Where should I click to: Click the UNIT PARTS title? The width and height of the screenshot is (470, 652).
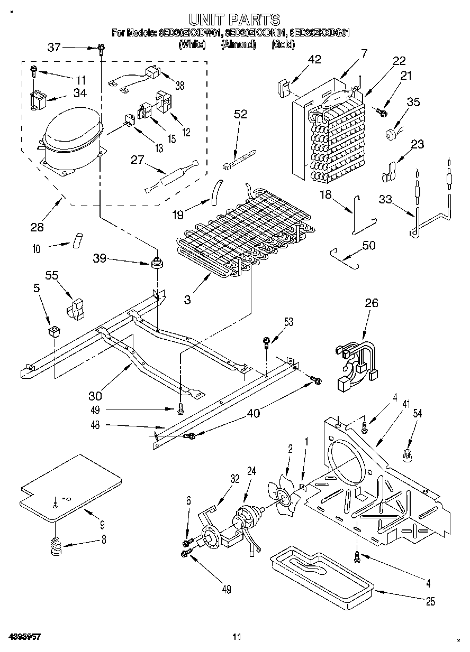[234, 20]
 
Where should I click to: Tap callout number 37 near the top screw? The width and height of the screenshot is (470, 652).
[54, 47]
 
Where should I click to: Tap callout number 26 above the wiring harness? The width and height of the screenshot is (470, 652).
[372, 303]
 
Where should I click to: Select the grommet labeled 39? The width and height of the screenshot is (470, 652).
[156, 262]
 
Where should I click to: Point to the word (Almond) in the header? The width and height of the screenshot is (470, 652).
[238, 45]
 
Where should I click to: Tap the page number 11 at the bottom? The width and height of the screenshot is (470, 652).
[237, 636]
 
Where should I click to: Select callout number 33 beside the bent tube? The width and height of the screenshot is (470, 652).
[386, 199]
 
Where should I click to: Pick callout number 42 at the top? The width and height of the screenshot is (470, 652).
[314, 60]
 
